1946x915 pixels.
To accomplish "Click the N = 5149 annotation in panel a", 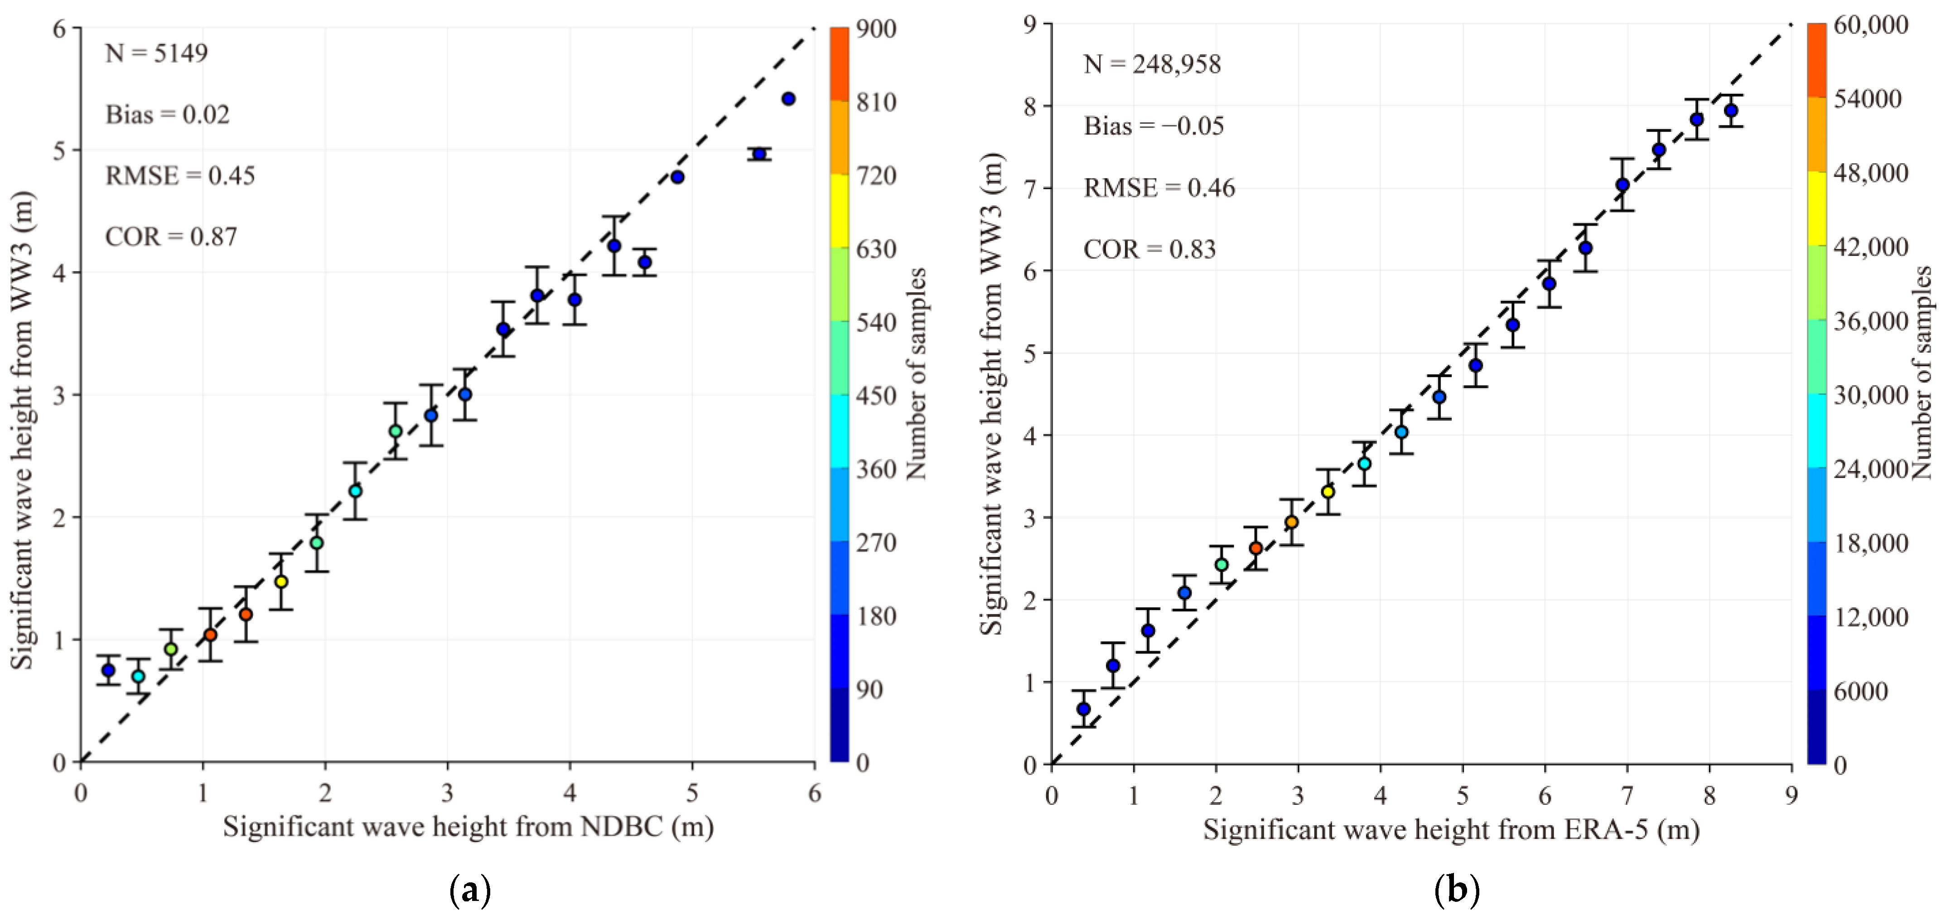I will pyautogui.click(x=156, y=53).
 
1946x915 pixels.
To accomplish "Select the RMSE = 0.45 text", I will pyautogui.click(x=180, y=176).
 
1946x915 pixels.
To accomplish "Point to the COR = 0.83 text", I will pyautogui.click(x=1149, y=249).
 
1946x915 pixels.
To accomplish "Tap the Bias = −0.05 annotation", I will pyautogui.click(x=1154, y=126).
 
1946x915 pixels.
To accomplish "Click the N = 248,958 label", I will pyautogui.click(x=1152, y=65).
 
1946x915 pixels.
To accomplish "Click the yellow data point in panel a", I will pyautogui.click(x=281, y=581).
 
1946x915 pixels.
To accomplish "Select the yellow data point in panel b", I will pyautogui.click(x=1327, y=492).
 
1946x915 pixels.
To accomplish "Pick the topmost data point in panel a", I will pyautogui.click(x=788, y=99).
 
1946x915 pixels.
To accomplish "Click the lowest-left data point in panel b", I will pyautogui.click(x=1083, y=709).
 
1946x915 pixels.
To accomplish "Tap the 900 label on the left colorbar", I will pyautogui.click(x=876, y=29).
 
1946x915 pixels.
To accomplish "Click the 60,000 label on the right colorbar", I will pyautogui.click(x=1870, y=25).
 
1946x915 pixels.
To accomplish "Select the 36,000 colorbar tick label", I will pyautogui.click(x=1870, y=321).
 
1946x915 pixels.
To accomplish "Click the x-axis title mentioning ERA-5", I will pyautogui.click(x=1450, y=830).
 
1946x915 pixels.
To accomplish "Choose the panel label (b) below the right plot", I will pyautogui.click(x=1456, y=891).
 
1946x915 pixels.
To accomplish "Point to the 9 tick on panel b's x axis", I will pyautogui.click(x=1791, y=796).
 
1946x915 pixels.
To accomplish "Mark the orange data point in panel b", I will pyautogui.click(x=1292, y=522).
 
